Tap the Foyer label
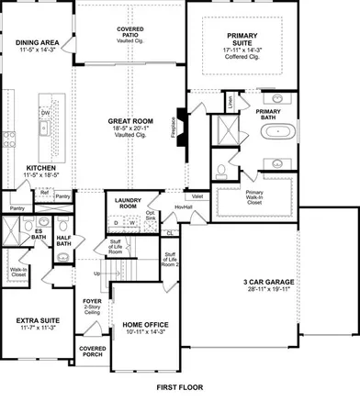point(93,300)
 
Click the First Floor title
point(180,389)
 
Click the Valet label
point(198,195)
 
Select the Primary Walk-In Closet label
point(254,195)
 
